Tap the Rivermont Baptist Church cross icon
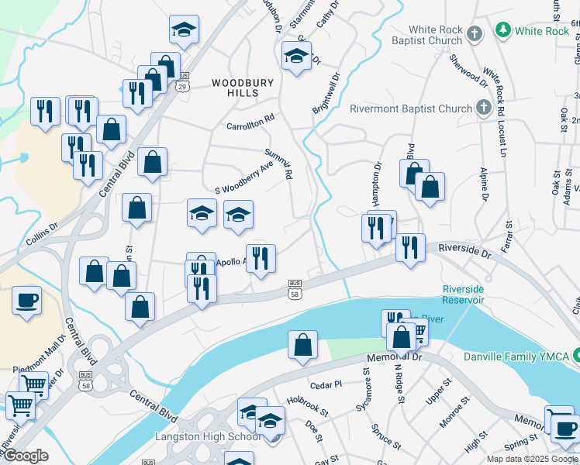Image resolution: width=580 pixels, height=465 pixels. tap(483, 108)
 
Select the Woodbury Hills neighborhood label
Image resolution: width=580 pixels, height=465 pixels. tap(234, 87)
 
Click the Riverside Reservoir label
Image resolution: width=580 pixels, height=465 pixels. tap(463, 294)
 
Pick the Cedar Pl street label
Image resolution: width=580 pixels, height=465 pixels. tap(326, 384)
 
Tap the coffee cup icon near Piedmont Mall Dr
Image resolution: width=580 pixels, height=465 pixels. tap(26, 300)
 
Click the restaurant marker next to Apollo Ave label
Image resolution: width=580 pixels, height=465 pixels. tap(261, 258)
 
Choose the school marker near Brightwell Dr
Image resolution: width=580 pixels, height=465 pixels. tap(296, 56)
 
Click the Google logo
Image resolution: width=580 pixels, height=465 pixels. tap(26, 456)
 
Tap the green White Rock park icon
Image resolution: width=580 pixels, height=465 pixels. tap(503, 31)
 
